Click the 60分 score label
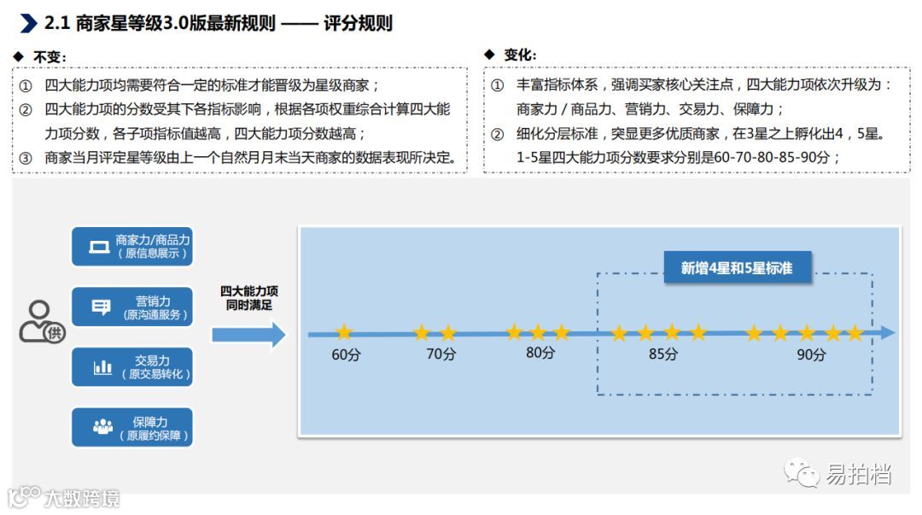345,354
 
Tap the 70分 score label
441,354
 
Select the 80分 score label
540,353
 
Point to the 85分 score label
662,354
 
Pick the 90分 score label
811,354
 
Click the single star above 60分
344,332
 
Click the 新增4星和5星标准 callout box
737,268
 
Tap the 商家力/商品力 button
132,247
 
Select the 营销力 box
132,307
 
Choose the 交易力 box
132,367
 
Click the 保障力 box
132,428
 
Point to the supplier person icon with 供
42,322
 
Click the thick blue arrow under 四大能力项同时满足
248,335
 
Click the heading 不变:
50,56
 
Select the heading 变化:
519,56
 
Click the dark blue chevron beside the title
28,23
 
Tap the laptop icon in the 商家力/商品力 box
99,248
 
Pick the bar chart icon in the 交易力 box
102,368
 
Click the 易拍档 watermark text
858,475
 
